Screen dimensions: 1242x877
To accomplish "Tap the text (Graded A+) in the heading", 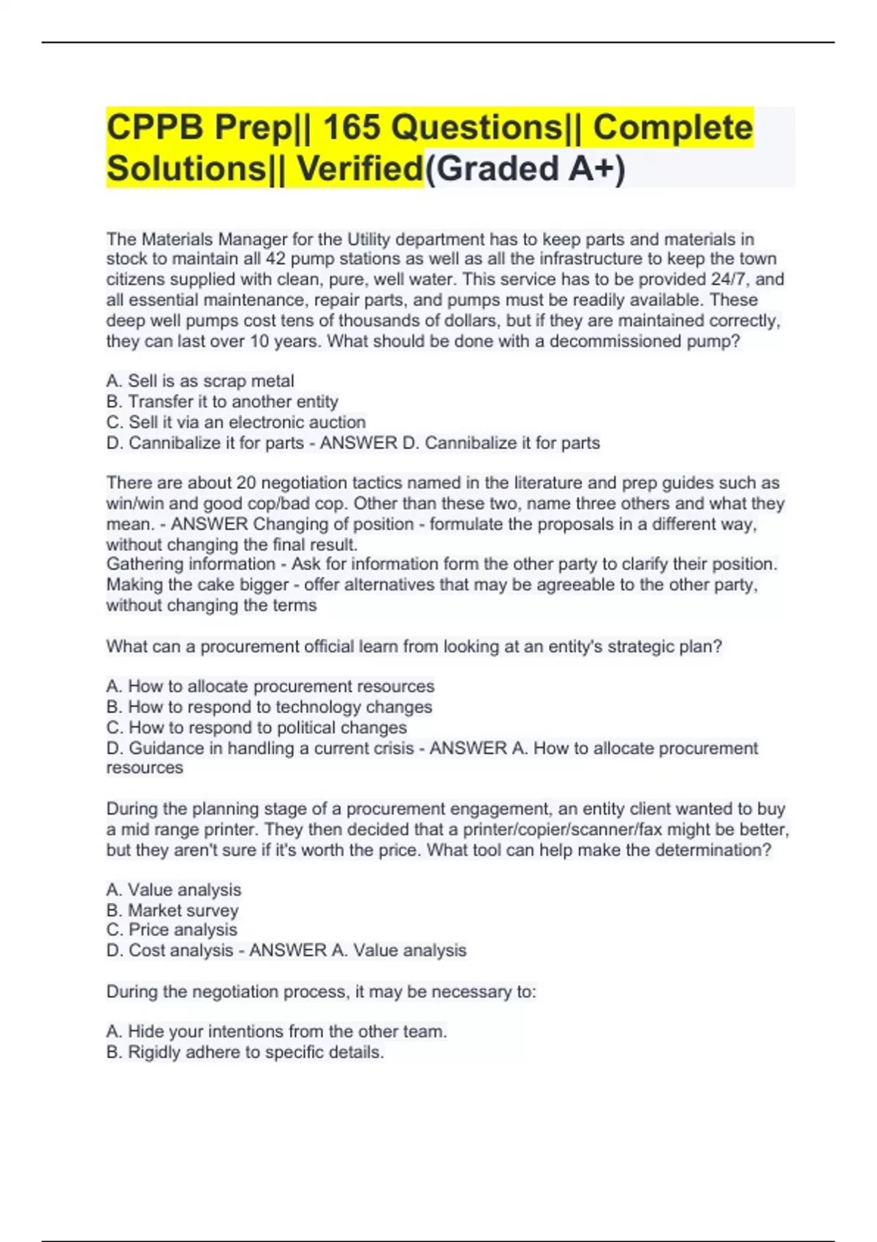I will (525, 169).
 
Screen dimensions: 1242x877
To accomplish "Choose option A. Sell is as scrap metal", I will (200, 381).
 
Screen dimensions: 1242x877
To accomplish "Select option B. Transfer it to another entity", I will (222, 401).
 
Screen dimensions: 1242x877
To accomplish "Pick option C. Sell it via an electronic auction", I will (236, 422).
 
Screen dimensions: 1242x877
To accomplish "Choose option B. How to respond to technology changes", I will (269, 706).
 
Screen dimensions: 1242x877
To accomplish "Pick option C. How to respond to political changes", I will (257, 728).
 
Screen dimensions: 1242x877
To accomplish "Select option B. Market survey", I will (172, 910).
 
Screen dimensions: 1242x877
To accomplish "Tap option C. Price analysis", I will (172, 930).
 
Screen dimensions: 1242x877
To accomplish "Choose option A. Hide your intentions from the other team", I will (276, 1032).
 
